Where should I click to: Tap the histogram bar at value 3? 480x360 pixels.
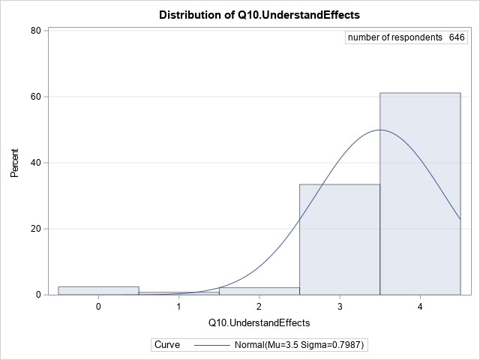340,239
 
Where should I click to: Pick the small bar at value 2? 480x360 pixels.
259,291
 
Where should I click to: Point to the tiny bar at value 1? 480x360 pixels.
179,293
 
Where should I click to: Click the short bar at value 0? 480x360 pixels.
98,290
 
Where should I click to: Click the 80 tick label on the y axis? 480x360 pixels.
35,31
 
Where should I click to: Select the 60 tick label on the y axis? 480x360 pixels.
35,97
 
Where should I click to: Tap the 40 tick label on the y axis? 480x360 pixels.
35,163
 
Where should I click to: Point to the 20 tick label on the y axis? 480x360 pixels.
35,229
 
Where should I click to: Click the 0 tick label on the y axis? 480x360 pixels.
38,295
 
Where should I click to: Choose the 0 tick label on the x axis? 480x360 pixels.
98,307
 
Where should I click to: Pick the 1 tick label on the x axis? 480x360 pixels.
179,307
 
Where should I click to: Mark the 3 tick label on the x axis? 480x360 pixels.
340,307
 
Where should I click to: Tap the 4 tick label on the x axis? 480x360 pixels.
420,307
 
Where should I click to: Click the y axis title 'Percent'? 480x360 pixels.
15,163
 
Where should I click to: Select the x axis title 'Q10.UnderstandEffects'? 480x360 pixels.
259,322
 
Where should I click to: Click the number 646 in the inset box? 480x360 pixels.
457,38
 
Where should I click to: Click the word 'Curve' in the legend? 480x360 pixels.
166,344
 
